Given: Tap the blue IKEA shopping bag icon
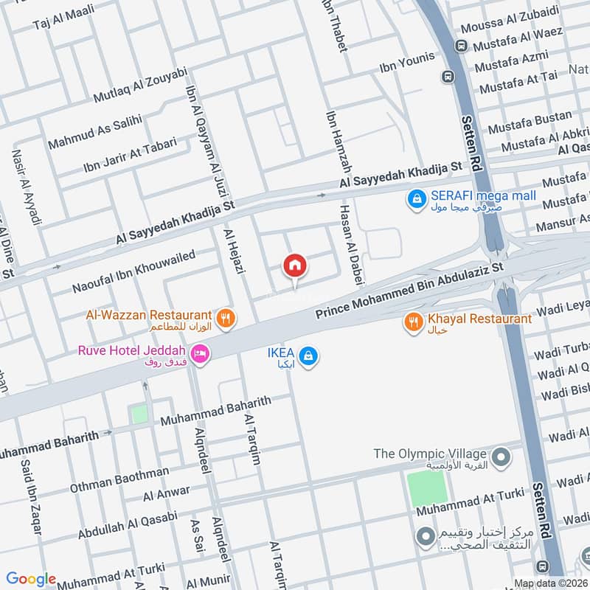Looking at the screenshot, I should (x=310, y=355).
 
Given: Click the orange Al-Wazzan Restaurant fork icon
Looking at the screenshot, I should (x=227, y=319).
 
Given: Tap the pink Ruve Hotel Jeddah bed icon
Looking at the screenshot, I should (x=200, y=355).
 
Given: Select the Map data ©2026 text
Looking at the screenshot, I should (x=550, y=583).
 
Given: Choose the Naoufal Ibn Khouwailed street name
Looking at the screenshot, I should (x=133, y=270).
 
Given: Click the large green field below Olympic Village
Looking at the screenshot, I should (x=427, y=487).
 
